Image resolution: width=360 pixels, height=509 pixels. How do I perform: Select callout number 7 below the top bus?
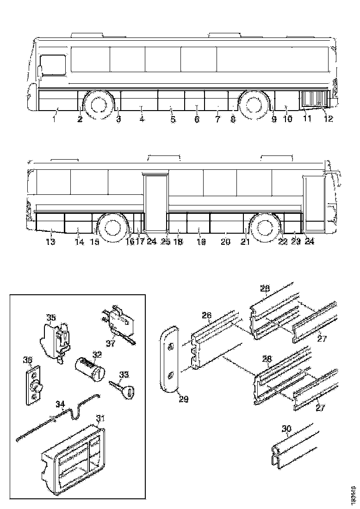[x=217, y=120]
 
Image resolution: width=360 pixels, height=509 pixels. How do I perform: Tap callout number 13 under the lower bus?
[x=50, y=242]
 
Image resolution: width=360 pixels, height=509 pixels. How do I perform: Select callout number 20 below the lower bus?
[x=225, y=242]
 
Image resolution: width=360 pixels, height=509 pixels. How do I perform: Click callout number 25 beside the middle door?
[x=165, y=242]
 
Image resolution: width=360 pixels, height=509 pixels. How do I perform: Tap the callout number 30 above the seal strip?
[x=287, y=429]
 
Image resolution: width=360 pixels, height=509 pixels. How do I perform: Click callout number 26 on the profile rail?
[x=206, y=316]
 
